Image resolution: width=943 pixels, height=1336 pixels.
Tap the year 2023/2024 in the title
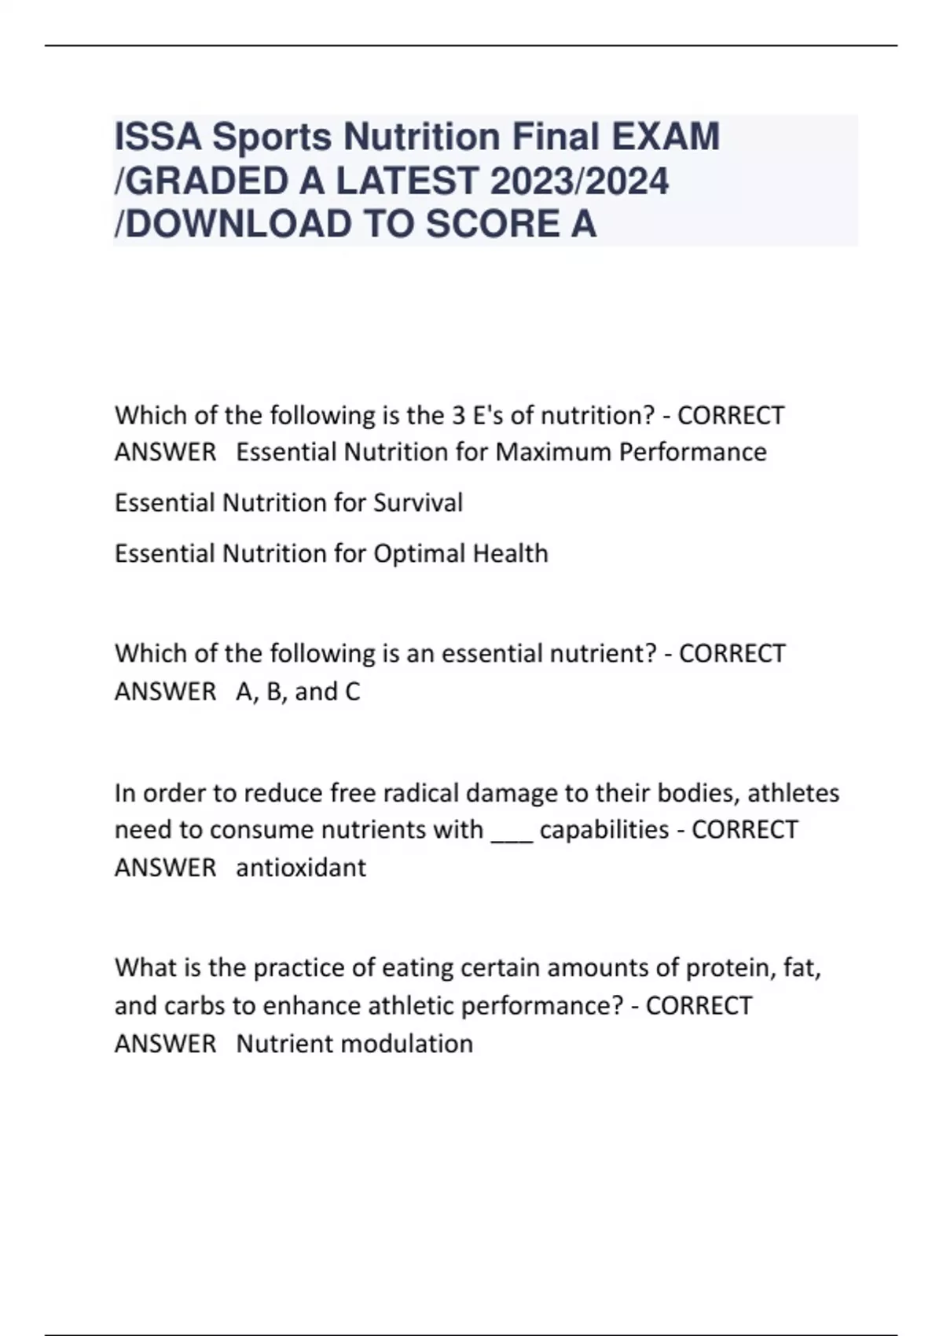[579, 181]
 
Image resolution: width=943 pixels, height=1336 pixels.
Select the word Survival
[417, 502]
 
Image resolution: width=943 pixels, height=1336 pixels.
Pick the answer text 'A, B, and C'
[298, 692]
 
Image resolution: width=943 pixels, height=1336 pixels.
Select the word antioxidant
[301, 868]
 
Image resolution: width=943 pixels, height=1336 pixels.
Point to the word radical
[420, 793]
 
